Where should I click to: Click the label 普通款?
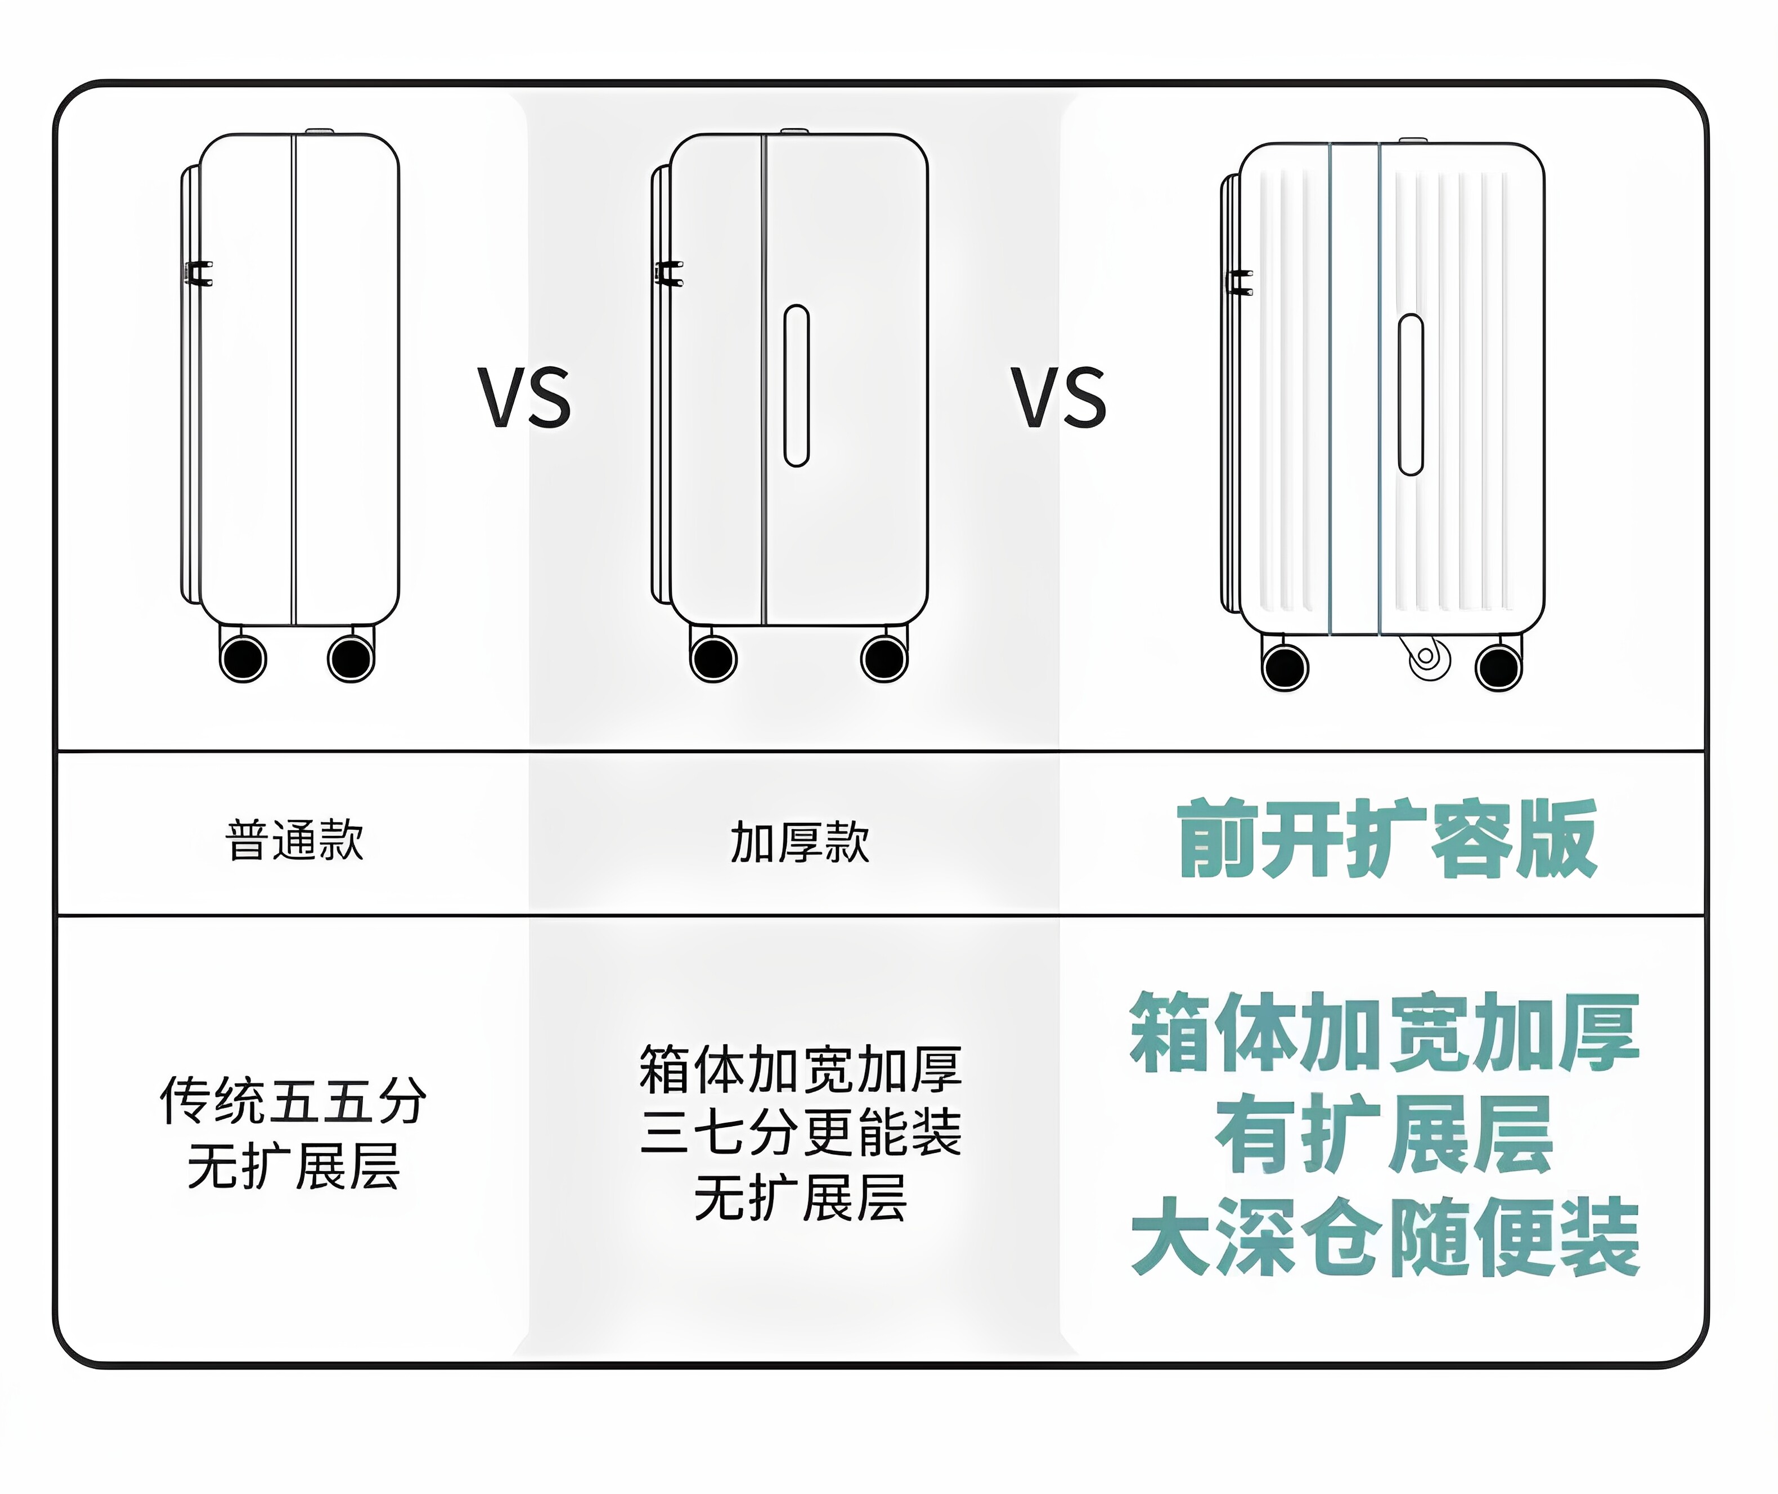coord(295,841)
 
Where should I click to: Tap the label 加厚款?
coord(800,843)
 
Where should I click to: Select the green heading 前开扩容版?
coord(1386,839)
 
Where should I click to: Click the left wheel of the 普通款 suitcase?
coord(243,659)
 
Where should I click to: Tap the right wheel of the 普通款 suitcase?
coord(351,659)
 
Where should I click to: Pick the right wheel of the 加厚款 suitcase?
coord(884,659)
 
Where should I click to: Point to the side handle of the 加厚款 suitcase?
coord(796,385)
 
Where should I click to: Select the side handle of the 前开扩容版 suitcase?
coord(1411,395)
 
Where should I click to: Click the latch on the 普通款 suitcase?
coord(199,273)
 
